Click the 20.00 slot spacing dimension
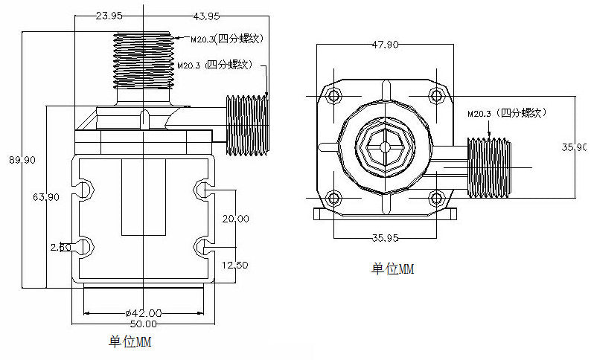(234, 218)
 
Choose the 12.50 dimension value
(234, 265)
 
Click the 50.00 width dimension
(143, 324)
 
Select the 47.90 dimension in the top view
(385, 45)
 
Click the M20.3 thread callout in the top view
(507, 113)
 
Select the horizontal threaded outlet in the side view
(246, 126)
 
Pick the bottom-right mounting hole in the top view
(436, 198)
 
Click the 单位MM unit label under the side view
(130, 342)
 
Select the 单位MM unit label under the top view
(392, 269)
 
